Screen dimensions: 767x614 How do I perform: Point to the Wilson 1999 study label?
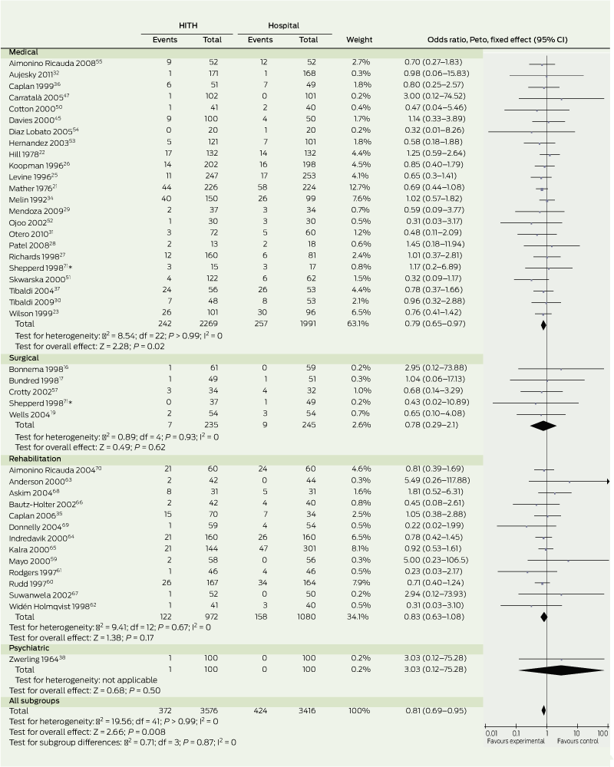(x=30, y=314)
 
